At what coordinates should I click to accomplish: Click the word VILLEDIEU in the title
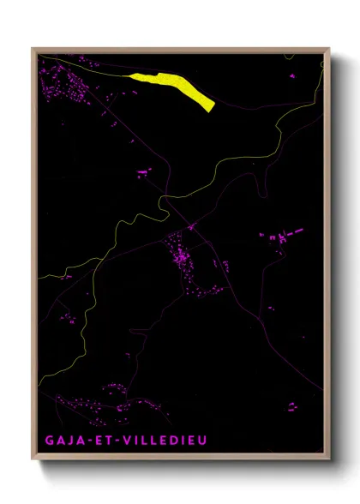click(x=162, y=441)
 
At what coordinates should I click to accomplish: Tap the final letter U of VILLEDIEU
click(x=201, y=441)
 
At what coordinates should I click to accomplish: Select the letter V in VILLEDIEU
click(x=123, y=441)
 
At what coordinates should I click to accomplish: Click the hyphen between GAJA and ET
click(x=85, y=441)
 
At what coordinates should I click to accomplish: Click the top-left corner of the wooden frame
click(x=33, y=49)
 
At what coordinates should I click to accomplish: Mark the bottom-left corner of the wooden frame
click(x=33, y=459)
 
